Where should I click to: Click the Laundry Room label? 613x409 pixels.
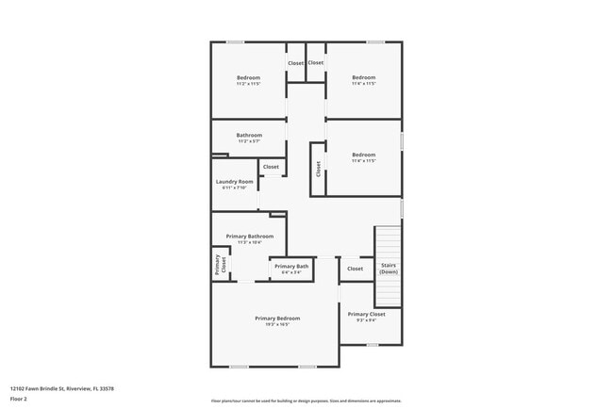tap(235, 181)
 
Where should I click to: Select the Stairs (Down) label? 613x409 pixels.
tap(389, 269)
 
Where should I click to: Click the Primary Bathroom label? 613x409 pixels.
tap(249, 236)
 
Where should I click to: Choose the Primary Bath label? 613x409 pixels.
tap(291, 267)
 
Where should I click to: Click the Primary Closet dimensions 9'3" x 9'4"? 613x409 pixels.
tap(366, 320)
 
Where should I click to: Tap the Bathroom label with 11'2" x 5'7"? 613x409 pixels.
tap(249, 135)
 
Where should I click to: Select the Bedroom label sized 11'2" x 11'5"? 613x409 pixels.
tap(248, 77)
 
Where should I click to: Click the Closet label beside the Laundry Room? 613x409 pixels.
tap(271, 167)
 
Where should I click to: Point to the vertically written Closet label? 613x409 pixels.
tap(319, 168)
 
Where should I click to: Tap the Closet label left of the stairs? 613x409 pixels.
tap(355, 269)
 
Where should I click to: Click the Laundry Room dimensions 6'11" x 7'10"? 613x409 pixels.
tap(234, 188)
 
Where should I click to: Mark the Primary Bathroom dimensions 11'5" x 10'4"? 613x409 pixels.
tap(249, 242)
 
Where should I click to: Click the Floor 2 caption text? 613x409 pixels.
tap(19, 399)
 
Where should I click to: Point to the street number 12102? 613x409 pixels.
tap(18, 387)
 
